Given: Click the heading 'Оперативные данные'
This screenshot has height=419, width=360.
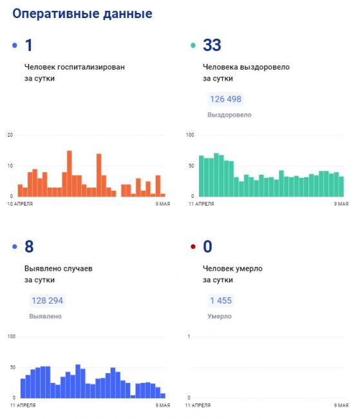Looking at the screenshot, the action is click(82, 14).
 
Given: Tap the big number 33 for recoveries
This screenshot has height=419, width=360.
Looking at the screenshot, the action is click(212, 45).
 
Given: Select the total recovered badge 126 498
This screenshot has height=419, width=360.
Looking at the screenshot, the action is click(225, 99).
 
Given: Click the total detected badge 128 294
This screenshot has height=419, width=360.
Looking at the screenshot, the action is click(47, 300).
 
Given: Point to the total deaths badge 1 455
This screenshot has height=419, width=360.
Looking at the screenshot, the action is click(221, 300).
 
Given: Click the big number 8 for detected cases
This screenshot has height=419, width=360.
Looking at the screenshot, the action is click(29, 246).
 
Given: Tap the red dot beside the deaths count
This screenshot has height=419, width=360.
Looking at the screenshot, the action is click(193, 246).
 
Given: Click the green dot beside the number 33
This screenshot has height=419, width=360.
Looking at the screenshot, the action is click(193, 45).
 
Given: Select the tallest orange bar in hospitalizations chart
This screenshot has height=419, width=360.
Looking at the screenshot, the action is click(69, 173).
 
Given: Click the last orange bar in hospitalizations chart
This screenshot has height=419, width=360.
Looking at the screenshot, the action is click(163, 195).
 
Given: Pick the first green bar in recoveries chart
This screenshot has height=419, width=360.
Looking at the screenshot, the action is click(202, 176).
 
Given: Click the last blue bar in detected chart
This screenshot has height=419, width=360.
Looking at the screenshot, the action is click(163, 396).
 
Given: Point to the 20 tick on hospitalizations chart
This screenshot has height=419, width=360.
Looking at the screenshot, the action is click(10, 135).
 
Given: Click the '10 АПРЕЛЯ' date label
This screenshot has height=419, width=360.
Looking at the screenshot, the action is click(20, 204).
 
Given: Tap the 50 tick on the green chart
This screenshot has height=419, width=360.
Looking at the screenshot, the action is click(191, 166).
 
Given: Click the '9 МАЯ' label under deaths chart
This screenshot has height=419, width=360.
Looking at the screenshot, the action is click(341, 405).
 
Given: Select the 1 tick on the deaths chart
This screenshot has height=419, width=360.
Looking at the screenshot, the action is click(189, 336).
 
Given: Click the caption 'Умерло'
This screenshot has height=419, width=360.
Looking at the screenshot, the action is click(220, 317).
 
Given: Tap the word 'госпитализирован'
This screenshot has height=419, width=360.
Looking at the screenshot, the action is click(91, 67).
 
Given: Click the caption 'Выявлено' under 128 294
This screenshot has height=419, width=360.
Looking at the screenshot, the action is click(45, 317).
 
